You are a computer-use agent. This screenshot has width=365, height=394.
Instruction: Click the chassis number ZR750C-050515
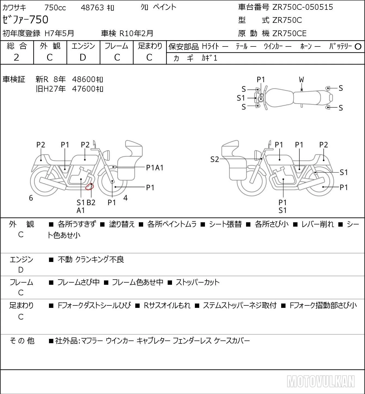[x=302, y=7]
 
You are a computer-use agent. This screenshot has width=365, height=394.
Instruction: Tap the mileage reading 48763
[x=93, y=8]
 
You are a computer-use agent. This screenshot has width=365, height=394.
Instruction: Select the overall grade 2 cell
[x=17, y=57]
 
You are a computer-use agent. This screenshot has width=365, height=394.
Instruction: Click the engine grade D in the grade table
[x=83, y=57]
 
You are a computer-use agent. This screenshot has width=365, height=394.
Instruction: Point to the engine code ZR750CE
[x=289, y=33]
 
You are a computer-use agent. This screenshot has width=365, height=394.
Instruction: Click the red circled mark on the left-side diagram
[x=89, y=187]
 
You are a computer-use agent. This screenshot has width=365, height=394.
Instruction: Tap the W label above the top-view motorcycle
[x=301, y=80]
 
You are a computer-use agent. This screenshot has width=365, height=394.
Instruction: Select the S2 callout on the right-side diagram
[x=215, y=159]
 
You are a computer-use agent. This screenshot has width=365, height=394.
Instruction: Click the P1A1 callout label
[x=155, y=168]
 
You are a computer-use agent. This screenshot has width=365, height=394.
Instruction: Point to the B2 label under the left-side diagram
[x=91, y=202]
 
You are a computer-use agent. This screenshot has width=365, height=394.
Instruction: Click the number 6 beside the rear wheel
[x=31, y=198]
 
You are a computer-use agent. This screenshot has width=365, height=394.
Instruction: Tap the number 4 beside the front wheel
[x=125, y=198]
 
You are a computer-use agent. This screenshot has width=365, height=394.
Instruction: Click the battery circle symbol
[x=358, y=47]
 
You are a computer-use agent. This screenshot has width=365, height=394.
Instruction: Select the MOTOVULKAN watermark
[x=321, y=381]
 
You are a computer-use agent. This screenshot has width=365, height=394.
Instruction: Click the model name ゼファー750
[x=25, y=20]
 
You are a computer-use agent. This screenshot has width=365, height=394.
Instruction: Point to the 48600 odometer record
[x=87, y=79]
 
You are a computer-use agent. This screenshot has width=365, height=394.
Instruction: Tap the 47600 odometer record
[x=87, y=89]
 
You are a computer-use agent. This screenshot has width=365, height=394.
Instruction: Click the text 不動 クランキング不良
[x=91, y=259]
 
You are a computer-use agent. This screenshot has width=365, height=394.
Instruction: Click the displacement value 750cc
[x=55, y=8]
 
